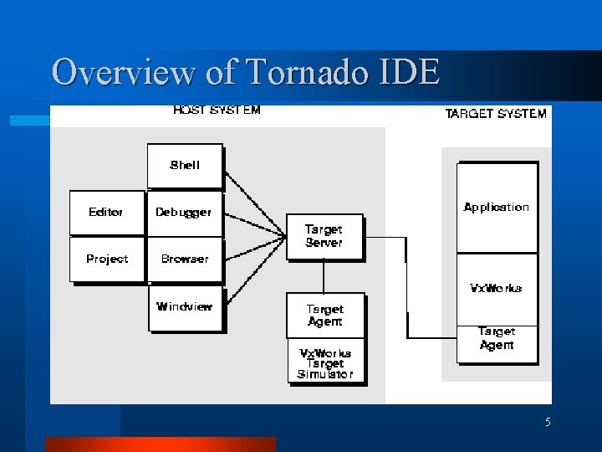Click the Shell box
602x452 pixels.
click(x=185, y=166)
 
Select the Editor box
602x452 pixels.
click(x=106, y=213)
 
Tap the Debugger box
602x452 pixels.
click(x=185, y=213)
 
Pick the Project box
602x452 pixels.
click(x=106, y=259)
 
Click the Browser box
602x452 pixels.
click(x=185, y=259)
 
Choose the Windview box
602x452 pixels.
click(x=185, y=307)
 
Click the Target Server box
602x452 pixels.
click(x=324, y=236)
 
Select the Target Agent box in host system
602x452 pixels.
click(x=324, y=315)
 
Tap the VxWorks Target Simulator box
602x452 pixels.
click(x=325, y=362)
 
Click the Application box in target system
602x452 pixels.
click(x=497, y=208)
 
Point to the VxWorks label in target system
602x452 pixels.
click(x=497, y=288)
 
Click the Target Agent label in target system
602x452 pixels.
click(x=497, y=338)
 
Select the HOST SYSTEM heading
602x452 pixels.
click(x=217, y=110)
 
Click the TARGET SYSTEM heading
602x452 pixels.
click(x=496, y=113)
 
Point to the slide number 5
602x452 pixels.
click(x=548, y=423)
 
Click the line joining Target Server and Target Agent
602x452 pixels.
click(x=324, y=276)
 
